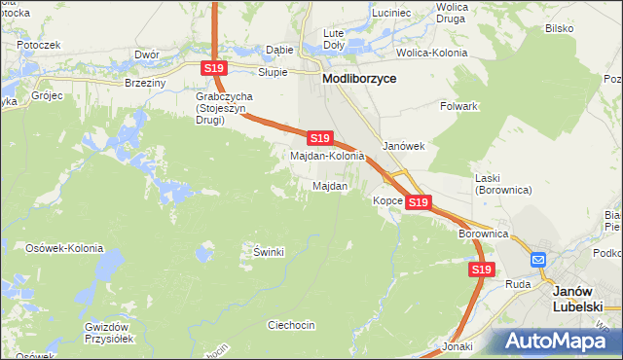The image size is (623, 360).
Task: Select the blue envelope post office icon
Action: click(538, 260)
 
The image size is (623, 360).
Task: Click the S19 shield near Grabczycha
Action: click(214, 68)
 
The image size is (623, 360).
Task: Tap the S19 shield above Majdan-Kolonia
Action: click(320, 139)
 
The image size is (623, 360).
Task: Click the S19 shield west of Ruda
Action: click(480, 270)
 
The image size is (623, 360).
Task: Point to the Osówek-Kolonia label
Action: click(63, 248)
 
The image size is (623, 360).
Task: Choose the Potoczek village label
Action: click(39, 45)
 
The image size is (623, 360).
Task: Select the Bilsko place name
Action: click(559, 28)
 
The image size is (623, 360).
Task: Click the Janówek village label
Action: click(404, 146)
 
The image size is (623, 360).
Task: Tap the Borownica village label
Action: click(484, 234)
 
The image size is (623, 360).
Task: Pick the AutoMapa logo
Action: click(557, 342)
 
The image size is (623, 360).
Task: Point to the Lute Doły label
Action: click(334, 39)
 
